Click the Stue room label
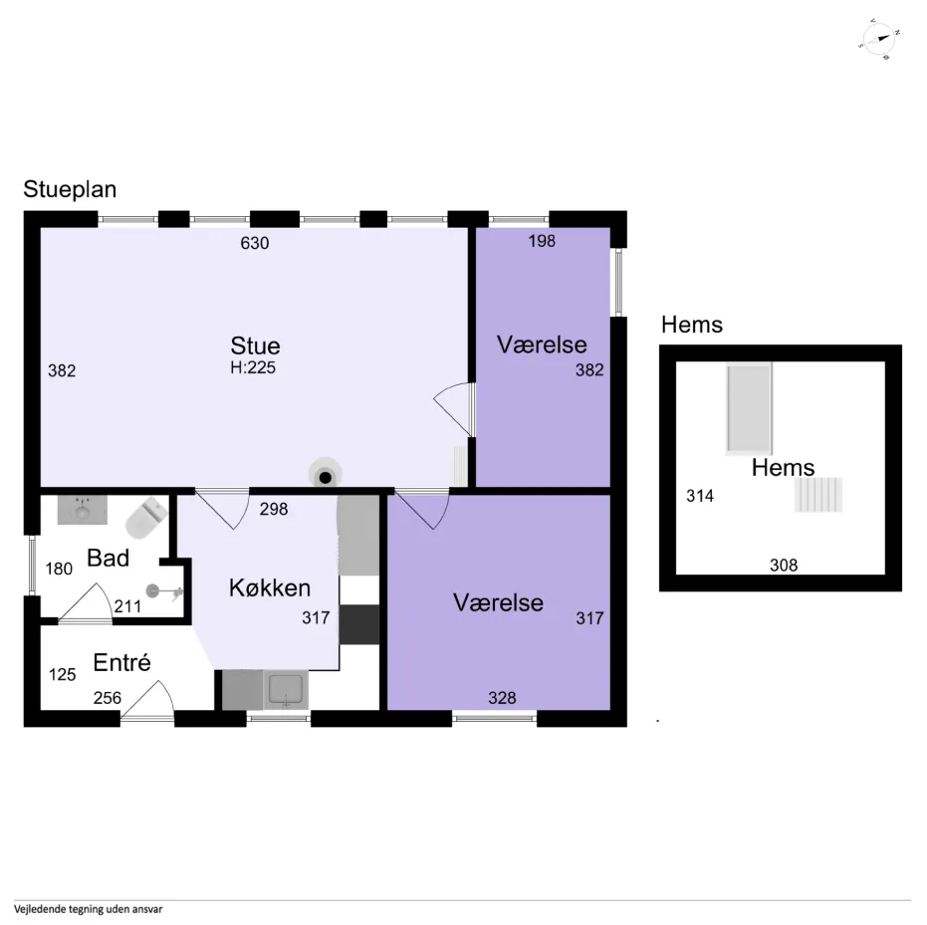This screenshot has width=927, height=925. (x=255, y=346)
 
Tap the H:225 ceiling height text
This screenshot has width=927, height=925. (x=253, y=367)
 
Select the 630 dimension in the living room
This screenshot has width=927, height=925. (x=254, y=243)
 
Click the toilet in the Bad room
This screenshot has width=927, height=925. (x=146, y=517)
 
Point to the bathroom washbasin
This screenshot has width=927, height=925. (x=83, y=510)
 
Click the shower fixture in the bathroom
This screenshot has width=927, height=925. (x=164, y=591)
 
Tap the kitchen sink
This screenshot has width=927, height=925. (x=286, y=690)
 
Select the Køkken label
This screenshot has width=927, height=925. (x=270, y=588)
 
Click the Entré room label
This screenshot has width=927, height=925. (x=121, y=662)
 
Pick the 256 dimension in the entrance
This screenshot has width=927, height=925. (x=107, y=698)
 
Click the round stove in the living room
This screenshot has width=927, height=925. (x=325, y=474)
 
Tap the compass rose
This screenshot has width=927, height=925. (x=880, y=39)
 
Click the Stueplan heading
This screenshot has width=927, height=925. (x=70, y=189)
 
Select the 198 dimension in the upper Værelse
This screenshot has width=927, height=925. (x=542, y=241)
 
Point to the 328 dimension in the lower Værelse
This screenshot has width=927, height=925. (x=502, y=698)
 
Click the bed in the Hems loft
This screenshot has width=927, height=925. (x=749, y=408)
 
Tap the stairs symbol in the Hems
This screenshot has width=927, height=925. (x=818, y=495)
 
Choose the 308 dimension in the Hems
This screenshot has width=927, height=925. (x=784, y=565)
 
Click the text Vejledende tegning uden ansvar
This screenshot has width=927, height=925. (x=88, y=909)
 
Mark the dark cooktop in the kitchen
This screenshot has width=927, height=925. (x=358, y=624)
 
